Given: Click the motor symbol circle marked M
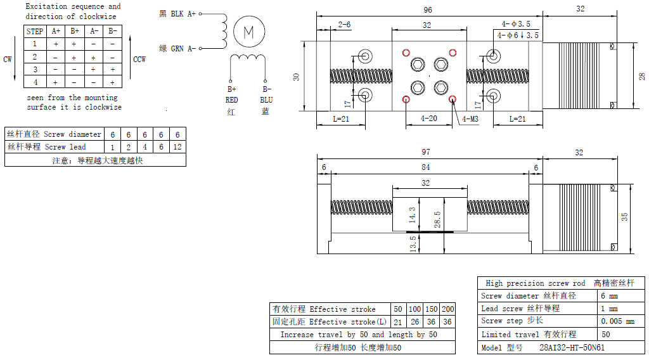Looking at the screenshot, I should coord(248,31).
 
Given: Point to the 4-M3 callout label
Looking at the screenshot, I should coord(470,119).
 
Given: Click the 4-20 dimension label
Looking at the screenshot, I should coord(428,119).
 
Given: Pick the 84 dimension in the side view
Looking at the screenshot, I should coord(425,167).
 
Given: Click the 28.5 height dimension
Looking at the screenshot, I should coord(437,219).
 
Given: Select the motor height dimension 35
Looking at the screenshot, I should coord(624,217).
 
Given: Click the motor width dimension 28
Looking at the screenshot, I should coord(641,77).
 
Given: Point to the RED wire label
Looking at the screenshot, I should coord(231,100).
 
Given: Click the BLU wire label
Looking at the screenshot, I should coord(266,100).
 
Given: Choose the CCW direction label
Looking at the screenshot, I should coord(139,60).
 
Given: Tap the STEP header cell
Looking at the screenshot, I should coord(35,31).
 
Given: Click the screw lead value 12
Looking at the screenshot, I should coord(177,147).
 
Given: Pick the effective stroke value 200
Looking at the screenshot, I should coord(447,309).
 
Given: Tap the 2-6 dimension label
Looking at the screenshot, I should coord(344,24).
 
